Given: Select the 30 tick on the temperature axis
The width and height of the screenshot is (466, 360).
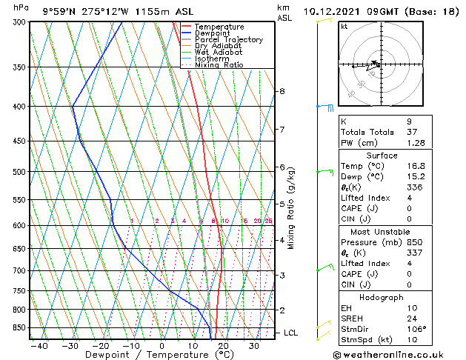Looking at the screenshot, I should click(x=254, y=345).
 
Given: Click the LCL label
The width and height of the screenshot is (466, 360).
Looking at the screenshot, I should click(x=290, y=333).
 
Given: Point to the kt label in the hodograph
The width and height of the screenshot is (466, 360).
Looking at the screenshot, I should click(x=344, y=27).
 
